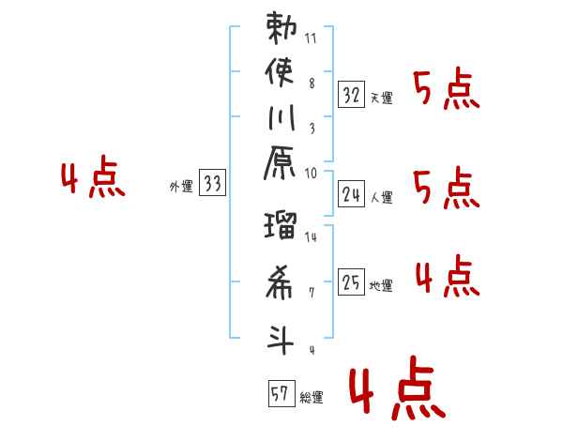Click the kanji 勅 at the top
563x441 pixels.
(x=282, y=28)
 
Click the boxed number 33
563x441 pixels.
(x=213, y=185)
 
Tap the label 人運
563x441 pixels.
(x=381, y=198)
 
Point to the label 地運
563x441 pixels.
(x=381, y=286)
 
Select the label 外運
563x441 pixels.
(x=181, y=188)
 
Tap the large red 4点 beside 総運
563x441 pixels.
(x=396, y=392)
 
